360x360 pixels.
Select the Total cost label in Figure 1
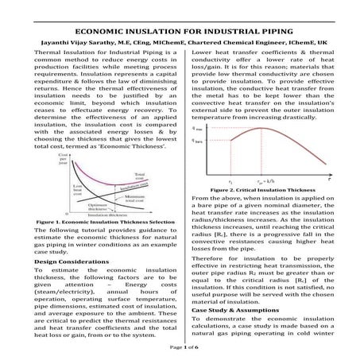(143, 173)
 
